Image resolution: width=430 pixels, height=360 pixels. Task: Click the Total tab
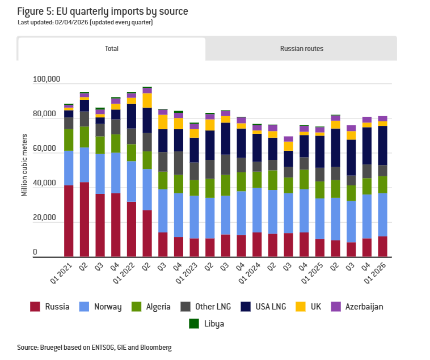(112, 49)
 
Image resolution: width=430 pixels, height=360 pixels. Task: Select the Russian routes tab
(301, 49)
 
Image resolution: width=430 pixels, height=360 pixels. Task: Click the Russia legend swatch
(35, 307)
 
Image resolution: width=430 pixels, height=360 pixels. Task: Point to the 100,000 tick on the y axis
(46, 79)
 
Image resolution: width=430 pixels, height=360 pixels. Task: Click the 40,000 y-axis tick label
(48, 184)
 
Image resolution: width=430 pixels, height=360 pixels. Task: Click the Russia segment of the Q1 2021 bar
(69, 221)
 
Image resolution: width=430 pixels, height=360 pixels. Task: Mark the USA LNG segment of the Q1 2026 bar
(382, 145)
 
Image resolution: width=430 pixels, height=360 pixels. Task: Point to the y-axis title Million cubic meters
(24, 165)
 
